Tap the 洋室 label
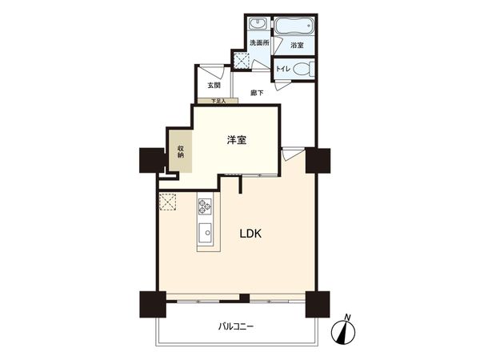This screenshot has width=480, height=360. click(235, 140)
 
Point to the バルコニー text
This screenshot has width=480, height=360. click(236, 326)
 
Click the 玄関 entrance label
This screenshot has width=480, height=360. click(214, 85)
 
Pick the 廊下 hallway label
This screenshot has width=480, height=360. click(256, 92)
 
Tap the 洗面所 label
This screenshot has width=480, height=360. click(259, 42)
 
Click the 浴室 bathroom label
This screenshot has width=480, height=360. click(297, 46)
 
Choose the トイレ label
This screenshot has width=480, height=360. click(282, 70)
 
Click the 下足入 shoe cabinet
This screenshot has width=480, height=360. click(218, 102)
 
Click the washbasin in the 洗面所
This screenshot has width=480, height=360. click(258, 25)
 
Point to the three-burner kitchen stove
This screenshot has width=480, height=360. click(205, 207)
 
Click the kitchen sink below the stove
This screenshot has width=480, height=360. click(204, 236)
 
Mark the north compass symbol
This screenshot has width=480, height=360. click(347, 329)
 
